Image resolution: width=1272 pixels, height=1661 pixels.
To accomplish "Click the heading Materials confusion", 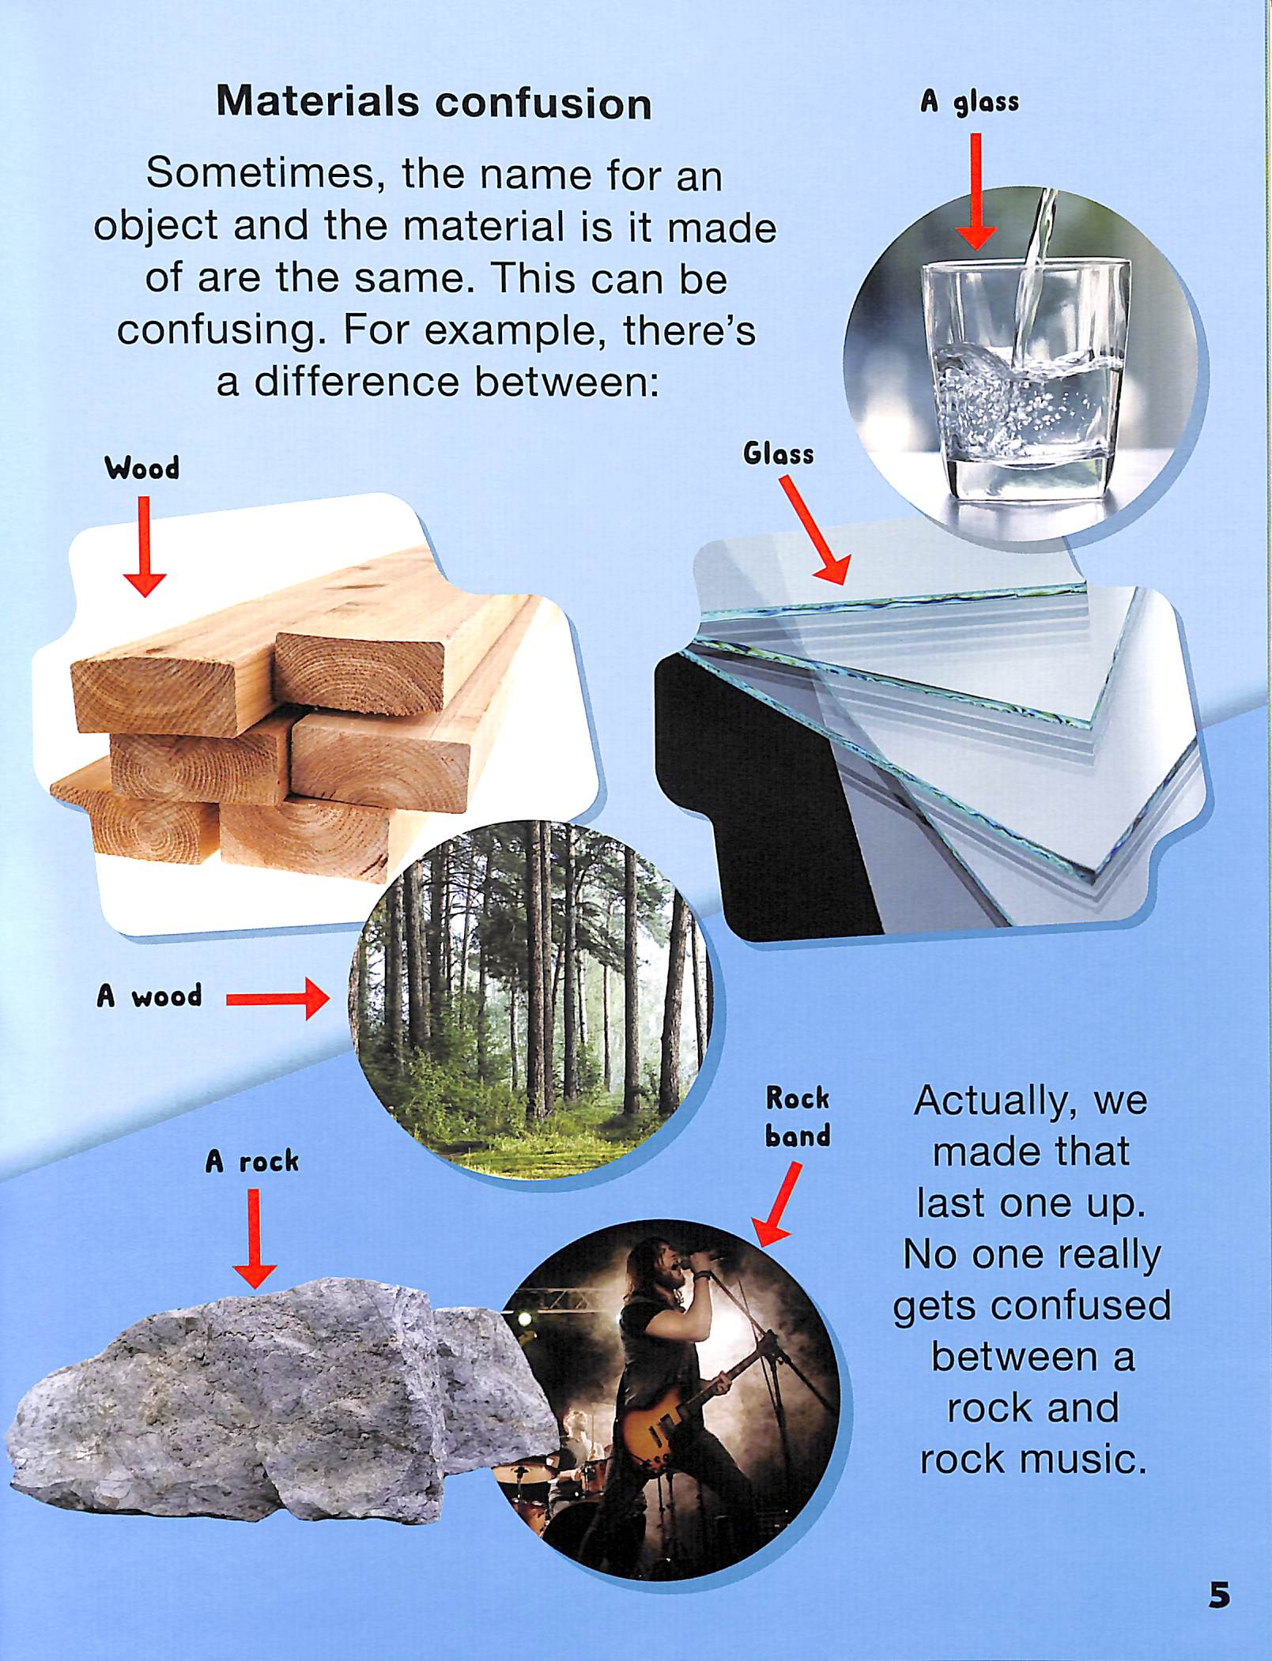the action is click(x=434, y=104).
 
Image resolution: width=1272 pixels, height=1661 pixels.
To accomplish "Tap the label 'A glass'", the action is click(x=969, y=102).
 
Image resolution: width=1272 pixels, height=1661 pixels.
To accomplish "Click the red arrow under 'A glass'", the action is click(x=976, y=191).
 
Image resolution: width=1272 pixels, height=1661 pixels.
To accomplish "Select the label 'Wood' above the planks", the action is click(x=142, y=468).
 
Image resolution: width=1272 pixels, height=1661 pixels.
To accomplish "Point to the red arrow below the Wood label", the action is click(x=144, y=546).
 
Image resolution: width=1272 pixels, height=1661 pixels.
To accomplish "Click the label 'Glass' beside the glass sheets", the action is click(x=778, y=454).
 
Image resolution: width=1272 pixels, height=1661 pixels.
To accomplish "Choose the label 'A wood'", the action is click(x=149, y=996).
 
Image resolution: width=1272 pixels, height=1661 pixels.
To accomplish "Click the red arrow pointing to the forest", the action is click(x=277, y=1000).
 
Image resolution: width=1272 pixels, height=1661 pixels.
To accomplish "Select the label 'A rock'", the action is click(x=252, y=1161).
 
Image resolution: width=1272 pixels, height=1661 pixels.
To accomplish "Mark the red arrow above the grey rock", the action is click(x=254, y=1238).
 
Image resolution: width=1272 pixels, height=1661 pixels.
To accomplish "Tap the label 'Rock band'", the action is click(x=798, y=1117).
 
